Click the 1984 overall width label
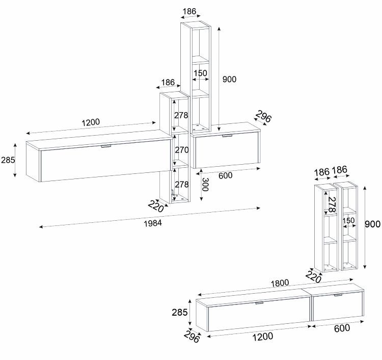153,223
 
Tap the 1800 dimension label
280,283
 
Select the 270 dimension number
182,150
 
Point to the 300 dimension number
205,185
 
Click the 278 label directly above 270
181,115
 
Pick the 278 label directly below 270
182,185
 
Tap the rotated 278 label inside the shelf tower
332,204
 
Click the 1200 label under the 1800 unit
263,337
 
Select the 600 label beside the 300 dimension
225,175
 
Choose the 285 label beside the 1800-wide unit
180,312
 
